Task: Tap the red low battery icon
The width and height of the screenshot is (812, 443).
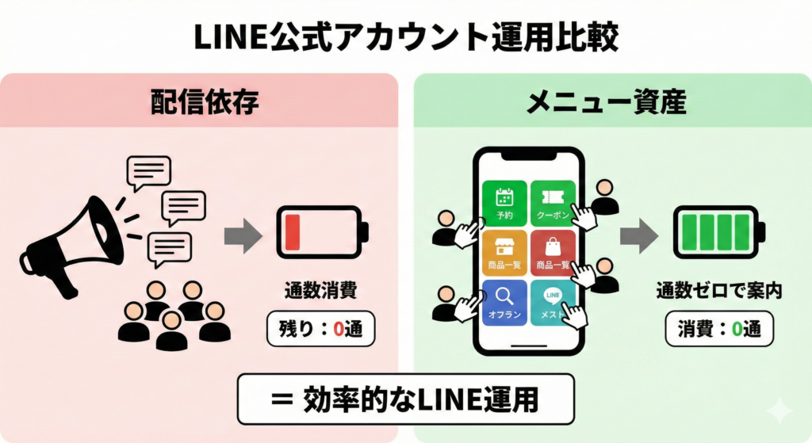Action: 322,232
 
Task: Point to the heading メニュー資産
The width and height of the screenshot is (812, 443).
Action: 607,101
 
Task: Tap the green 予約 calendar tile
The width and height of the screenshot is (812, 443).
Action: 504,203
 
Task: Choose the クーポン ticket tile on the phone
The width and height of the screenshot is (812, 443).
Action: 553,203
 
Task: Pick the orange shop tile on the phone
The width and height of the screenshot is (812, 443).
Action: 504,252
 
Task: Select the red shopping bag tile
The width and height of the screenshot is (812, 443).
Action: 553,252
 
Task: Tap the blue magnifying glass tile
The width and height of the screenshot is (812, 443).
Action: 504,302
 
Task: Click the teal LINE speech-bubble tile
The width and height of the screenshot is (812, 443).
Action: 553,302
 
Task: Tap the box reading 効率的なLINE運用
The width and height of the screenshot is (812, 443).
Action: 405,398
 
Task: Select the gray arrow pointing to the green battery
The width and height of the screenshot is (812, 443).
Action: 639,235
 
